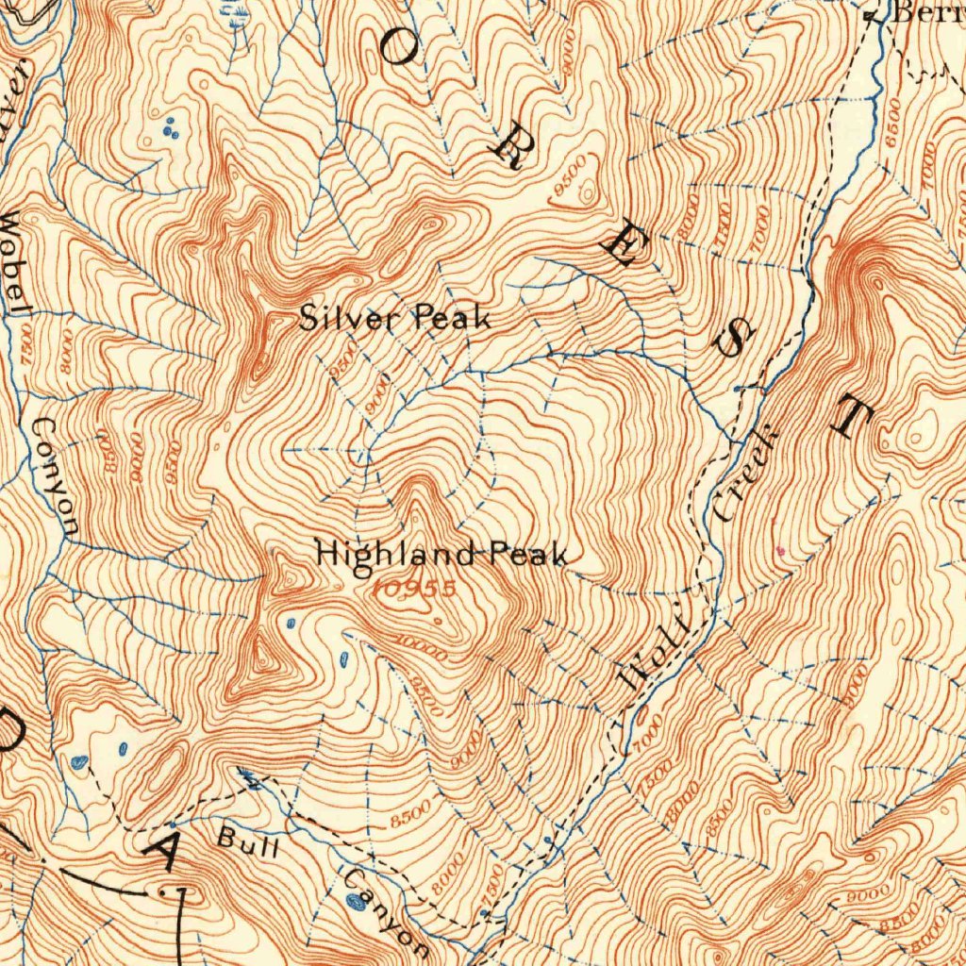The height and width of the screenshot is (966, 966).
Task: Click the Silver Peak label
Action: coord(394,319)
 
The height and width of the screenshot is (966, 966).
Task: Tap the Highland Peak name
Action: coord(441,554)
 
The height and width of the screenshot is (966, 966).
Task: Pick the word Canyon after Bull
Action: coord(386,909)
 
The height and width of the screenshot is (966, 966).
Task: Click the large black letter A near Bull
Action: coord(165,854)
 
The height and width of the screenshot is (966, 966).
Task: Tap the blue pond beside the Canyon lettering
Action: coord(355,902)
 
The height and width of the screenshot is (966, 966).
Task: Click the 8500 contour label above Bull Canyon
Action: coord(409,814)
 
